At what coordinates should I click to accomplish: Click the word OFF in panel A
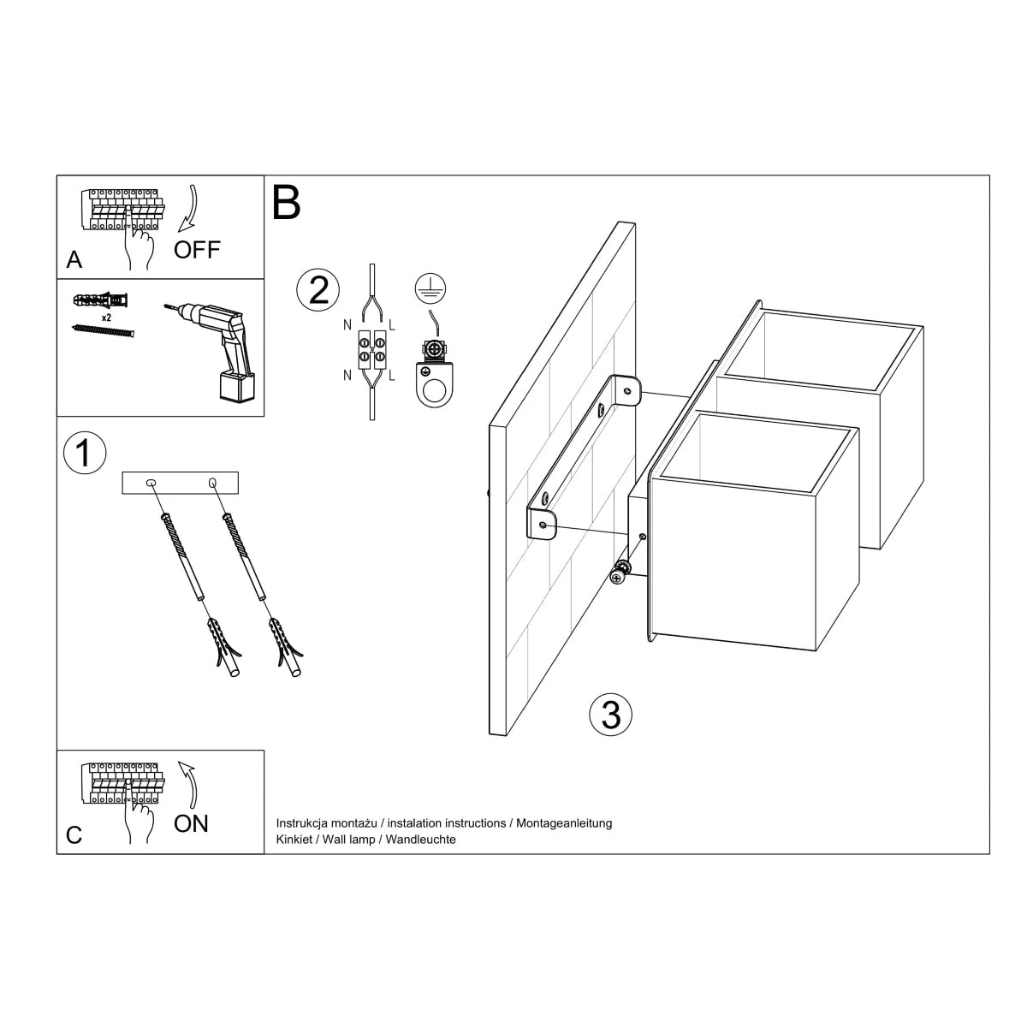pyautogui.click(x=197, y=250)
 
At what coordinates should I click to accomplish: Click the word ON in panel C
pyautogui.click(x=191, y=823)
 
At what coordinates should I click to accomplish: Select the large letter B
pyautogui.click(x=287, y=203)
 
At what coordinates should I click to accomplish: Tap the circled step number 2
pyautogui.click(x=318, y=290)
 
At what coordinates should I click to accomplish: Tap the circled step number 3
pyautogui.click(x=611, y=714)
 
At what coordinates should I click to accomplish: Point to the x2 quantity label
pyautogui.click(x=107, y=317)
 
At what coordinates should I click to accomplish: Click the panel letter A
pyautogui.click(x=74, y=260)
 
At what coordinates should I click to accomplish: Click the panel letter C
pyautogui.click(x=74, y=835)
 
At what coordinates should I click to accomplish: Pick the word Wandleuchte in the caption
pyautogui.click(x=420, y=840)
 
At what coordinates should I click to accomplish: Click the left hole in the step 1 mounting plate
pyautogui.click(x=151, y=484)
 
